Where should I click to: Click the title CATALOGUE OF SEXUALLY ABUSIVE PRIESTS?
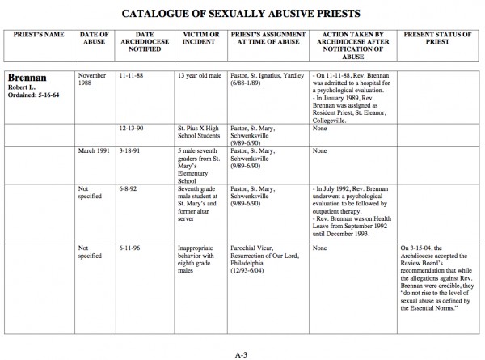pyautogui.click(x=242, y=14)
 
